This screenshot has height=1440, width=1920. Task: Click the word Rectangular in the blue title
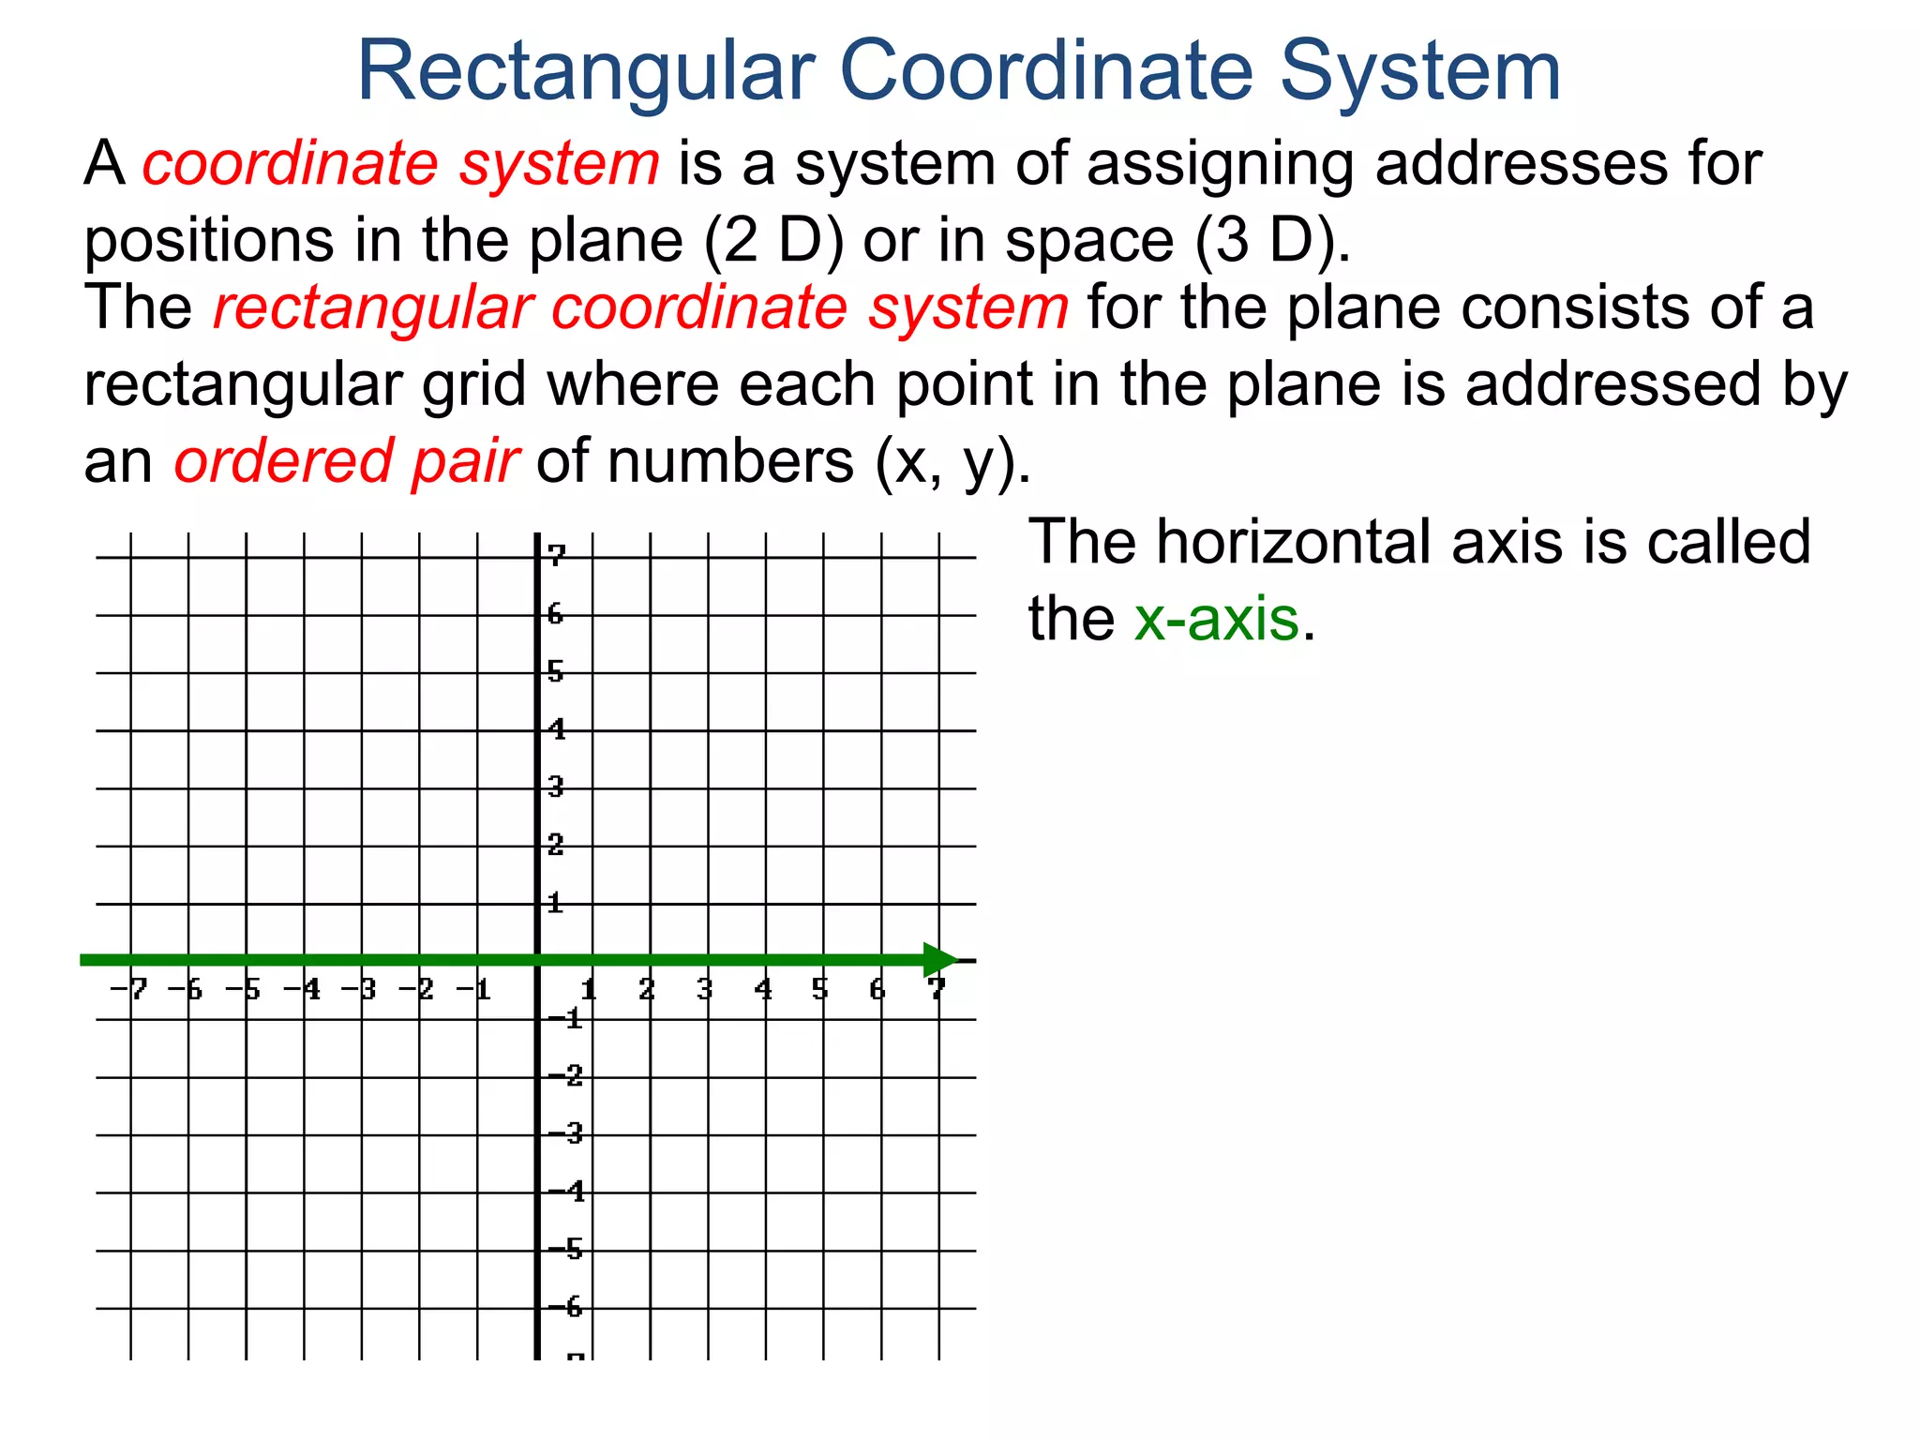(586, 72)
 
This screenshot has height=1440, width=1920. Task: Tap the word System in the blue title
(1419, 72)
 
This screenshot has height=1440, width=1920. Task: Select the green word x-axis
(1216, 619)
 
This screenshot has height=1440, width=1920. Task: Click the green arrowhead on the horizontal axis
(940, 959)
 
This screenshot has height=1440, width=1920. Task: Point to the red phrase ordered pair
(346, 461)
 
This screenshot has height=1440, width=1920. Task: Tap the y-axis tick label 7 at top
(558, 555)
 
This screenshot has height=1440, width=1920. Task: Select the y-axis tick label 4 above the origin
(558, 728)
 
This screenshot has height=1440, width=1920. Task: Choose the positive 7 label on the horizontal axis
(936, 988)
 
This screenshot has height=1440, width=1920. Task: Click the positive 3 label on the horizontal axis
(705, 988)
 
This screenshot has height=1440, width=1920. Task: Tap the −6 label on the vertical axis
(566, 1306)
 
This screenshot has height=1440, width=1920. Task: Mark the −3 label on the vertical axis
(566, 1133)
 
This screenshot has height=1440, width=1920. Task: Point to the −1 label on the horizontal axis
(474, 988)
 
